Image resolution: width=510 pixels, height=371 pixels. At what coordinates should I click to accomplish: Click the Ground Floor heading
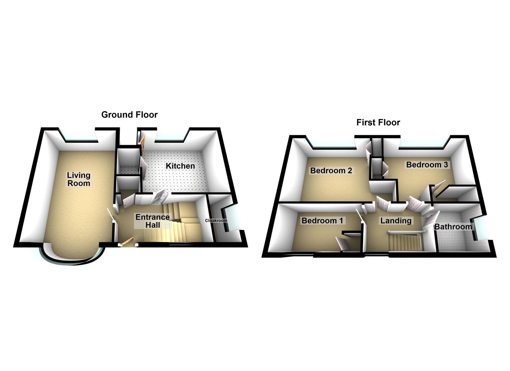[129, 114]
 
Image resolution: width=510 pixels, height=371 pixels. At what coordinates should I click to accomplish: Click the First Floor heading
[378, 122]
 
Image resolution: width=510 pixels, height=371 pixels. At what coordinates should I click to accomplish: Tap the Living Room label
[79, 179]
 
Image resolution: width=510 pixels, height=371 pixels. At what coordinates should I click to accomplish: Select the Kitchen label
[180, 166]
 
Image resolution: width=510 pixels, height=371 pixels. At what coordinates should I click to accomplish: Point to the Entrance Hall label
[153, 221]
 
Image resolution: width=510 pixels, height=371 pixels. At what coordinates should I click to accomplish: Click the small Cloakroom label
[216, 220]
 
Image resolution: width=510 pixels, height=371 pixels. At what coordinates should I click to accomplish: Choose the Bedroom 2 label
[331, 171]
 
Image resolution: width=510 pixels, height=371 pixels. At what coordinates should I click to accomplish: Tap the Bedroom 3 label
[427, 165]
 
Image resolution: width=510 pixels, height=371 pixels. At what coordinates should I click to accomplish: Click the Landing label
[396, 221]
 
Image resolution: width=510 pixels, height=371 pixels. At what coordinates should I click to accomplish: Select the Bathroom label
[453, 227]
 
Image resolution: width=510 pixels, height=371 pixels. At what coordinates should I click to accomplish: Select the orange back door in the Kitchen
[142, 144]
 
